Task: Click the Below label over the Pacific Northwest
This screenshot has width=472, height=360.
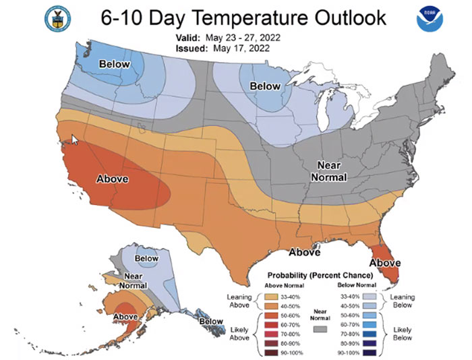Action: (x=114, y=64)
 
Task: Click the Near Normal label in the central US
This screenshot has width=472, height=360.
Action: (x=328, y=172)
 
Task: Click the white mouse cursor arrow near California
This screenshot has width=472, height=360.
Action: (x=75, y=140)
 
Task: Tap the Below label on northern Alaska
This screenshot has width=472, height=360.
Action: (x=146, y=258)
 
